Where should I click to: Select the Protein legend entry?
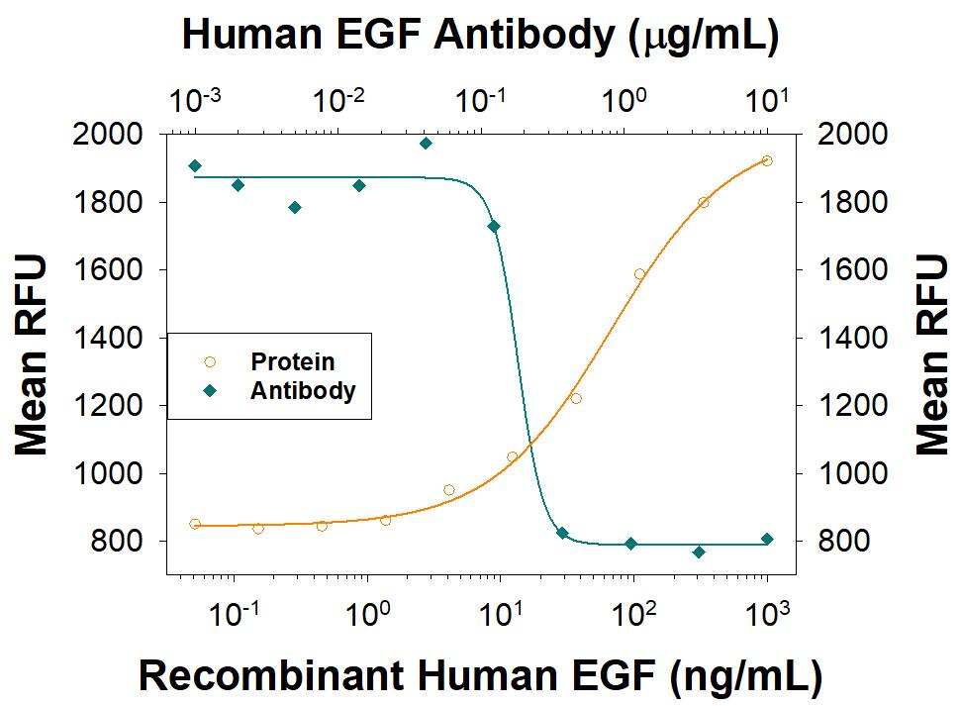pyautogui.click(x=291, y=362)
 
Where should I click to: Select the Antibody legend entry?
pyautogui.click(x=302, y=390)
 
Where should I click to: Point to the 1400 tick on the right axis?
pyautogui.click(x=845, y=338)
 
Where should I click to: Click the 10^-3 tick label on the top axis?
pyautogui.click(x=195, y=99)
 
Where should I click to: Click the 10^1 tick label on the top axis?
pyautogui.click(x=767, y=99)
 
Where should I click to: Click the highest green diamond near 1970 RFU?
pyautogui.click(x=426, y=144)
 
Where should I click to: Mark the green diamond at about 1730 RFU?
pyautogui.click(x=494, y=227)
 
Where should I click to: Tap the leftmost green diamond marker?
pyautogui.click(x=195, y=165)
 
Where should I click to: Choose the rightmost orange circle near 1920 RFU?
pyautogui.click(x=767, y=160)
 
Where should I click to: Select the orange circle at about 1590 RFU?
pyautogui.click(x=639, y=274)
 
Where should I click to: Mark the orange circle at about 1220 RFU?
pyautogui.click(x=576, y=398)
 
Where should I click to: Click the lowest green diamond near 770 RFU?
pyautogui.click(x=699, y=552)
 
